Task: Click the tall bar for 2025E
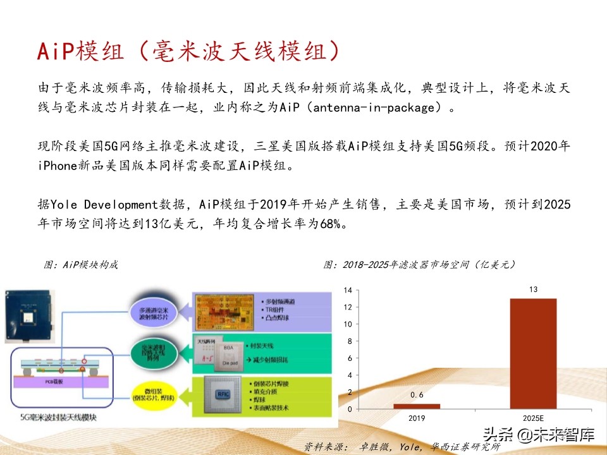(533, 354)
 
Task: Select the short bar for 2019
(417, 406)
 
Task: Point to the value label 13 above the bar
(533, 289)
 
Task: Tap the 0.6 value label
(417, 395)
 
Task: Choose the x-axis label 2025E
(533, 418)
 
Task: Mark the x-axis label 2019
(417, 418)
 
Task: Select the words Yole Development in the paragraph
(102, 204)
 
